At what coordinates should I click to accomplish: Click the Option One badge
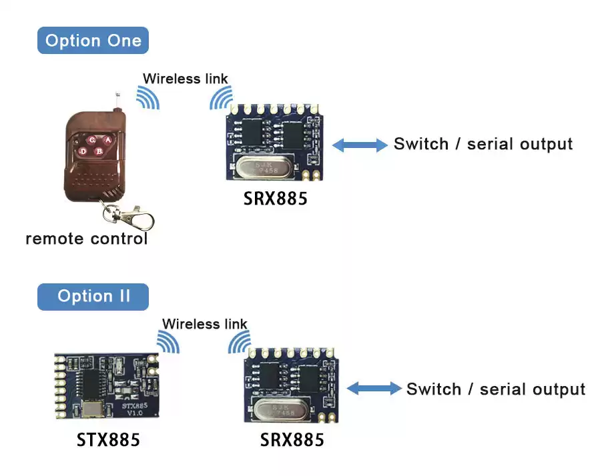[x=93, y=41]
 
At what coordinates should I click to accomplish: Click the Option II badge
[x=93, y=296]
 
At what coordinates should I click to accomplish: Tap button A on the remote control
[x=107, y=140]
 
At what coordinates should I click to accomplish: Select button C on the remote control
[x=91, y=140]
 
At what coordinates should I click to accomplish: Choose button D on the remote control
[x=83, y=151]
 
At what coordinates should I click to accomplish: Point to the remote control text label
[x=86, y=239]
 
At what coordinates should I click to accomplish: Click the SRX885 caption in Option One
[x=276, y=199]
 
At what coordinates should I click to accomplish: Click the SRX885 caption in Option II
[x=292, y=441]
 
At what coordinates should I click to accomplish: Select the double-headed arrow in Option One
[x=360, y=145]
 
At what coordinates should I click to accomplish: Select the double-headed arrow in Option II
[x=374, y=389]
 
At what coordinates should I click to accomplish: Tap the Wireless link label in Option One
[x=185, y=79]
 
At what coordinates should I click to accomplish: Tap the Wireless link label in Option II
[x=204, y=324]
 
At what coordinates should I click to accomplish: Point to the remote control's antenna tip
[x=117, y=94]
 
